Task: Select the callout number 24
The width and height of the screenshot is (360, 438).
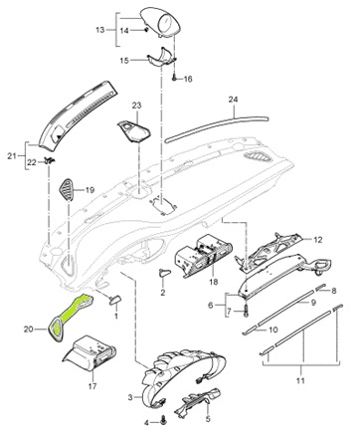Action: click(x=233, y=100)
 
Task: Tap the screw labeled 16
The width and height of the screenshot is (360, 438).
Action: click(x=174, y=79)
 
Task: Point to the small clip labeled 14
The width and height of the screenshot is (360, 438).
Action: click(x=146, y=30)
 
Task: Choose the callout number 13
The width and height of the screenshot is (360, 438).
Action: click(x=100, y=30)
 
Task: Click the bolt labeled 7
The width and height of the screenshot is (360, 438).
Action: click(x=246, y=311)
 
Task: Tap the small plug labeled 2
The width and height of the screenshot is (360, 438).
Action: click(x=165, y=272)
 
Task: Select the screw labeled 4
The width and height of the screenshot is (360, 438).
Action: click(x=163, y=421)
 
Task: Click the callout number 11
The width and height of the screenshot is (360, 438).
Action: click(x=300, y=380)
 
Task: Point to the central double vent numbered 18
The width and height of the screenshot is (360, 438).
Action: click(x=201, y=255)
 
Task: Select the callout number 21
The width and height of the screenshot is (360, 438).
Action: click(x=12, y=155)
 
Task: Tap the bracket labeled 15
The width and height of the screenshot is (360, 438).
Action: click(x=161, y=58)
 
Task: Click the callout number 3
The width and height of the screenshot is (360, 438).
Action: click(x=130, y=397)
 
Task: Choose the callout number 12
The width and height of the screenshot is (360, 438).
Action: click(x=318, y=240)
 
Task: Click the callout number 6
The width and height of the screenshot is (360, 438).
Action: click(x=211, y=305)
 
